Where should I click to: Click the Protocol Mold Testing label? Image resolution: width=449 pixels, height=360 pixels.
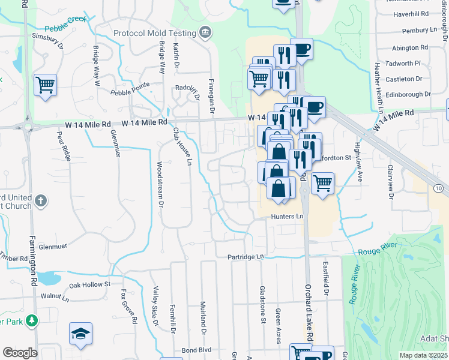pyautogui.click(x=154, y=33)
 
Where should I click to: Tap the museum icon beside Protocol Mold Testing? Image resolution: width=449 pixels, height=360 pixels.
pyautogui.click(x=206, y=32)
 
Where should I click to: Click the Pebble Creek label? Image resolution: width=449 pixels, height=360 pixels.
pyautogui.click(x=66, y=28)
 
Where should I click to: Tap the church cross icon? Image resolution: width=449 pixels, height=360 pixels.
pyautogui.click(x=40, y=200)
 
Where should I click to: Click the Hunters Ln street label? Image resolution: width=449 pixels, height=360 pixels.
pyautogui.click(x=288, y=216)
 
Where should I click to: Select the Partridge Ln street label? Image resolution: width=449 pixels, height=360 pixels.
pyautogui.click(x=246, y=257)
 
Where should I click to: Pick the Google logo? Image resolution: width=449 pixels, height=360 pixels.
pyautogui.click(x=20, y=352)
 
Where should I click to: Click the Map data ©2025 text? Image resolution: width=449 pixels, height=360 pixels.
pyautogui.click(x=423, y=355)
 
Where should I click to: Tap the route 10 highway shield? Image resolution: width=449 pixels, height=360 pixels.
pyautogui.click(x=439, y=188)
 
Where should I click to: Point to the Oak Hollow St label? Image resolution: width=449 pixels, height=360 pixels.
pyautogui.click(x=90, y=284)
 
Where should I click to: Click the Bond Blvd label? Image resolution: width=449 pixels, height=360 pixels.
pyautogui.click(x=197, y=350)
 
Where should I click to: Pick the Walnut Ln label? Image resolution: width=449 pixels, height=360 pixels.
pyautogui.click(x=56, y=296)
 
